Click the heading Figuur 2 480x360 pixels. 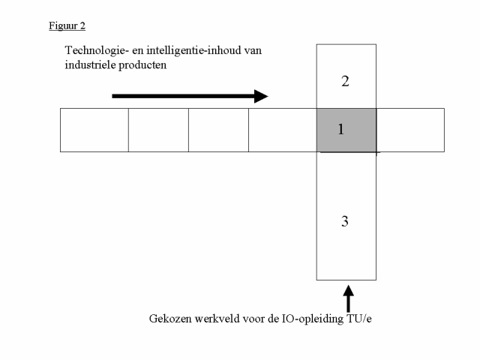coord(67,26)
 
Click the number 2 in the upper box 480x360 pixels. coord(345,82)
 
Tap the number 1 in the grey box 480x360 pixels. coord(340,130)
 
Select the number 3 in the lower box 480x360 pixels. coord(345,221)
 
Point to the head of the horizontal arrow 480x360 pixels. coord(268,96)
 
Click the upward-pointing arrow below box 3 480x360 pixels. coord(348,298)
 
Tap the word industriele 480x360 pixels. coord(90,65)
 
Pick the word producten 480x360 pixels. coord(142,65)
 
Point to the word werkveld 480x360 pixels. coord(217,319)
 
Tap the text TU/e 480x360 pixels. coord(359,319)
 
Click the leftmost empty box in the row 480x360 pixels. coord(94,130)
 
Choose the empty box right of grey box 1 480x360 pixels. coord(410,130)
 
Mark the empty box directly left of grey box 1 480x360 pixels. coord(283,130)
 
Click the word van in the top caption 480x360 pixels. coord(253,51)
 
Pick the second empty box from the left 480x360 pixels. coord(158,130)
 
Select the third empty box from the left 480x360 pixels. coord(218,130)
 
